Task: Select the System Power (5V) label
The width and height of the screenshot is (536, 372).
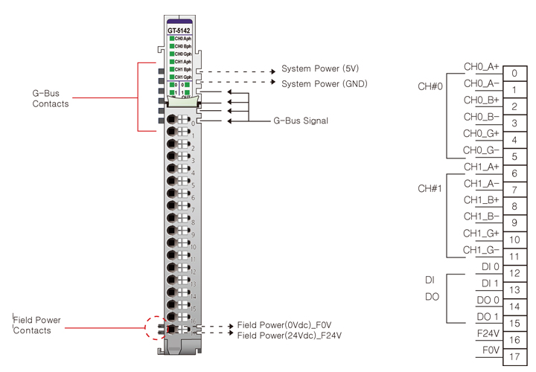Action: (x=320, y=69)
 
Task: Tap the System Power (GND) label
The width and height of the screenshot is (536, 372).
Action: (x=324, y=83)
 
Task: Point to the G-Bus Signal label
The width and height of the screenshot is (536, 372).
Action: (x=301, y=121)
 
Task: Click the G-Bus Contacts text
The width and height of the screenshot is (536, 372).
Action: (x=50, y=99)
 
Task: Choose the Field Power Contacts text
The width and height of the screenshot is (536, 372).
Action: (x=36, y=325)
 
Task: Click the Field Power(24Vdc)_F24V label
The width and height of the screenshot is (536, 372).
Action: (x=290, y=336)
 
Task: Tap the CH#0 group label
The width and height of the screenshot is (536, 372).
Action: (x=430, y=86)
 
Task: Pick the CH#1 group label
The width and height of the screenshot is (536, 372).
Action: (x=430, y=189)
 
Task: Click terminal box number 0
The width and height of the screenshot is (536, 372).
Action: (x=514, y=74)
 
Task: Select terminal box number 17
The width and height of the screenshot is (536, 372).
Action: (x=514, y=356)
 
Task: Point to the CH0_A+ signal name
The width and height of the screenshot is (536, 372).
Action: (x=482, y=67)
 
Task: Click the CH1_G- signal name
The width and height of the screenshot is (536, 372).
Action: (x=482, y=250)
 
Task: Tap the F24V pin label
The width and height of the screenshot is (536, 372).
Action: (x=488, y=333)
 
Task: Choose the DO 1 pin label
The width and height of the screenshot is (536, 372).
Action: (x=488, y=316)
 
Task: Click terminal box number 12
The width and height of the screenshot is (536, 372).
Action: (x=514, y=273)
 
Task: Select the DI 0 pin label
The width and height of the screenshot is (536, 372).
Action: (x=490, y=266)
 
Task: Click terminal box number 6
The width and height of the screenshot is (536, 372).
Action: (x=514, y=173)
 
